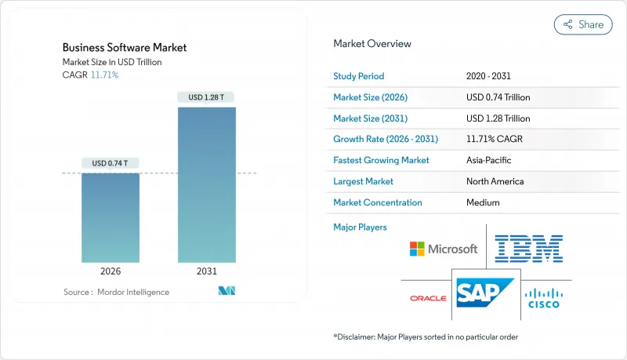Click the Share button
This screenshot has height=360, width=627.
click(x=582, y=24)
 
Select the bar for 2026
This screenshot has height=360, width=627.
click(x=111, y=217)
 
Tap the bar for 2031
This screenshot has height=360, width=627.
click(x=206, y=184)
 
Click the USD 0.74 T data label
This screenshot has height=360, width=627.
click(x=111, y=163)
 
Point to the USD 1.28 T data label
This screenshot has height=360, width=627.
click(x=206, y=97)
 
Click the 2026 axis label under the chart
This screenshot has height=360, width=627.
click(x=111, y=271)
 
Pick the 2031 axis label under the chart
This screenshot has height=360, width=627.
click(x=206, y=271)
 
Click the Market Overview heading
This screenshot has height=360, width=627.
click(x=372, y=43)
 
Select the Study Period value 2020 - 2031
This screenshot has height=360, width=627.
click(x=489, y=76)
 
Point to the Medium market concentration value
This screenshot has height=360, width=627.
click(x=484, y=202)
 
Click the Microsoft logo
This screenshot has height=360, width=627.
click(x=443, y=249)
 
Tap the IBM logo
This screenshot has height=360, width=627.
click(x=529, y=248)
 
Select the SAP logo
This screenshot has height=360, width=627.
click(x=483, y=293)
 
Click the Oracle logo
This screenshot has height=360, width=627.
click(x=427, y=298)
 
